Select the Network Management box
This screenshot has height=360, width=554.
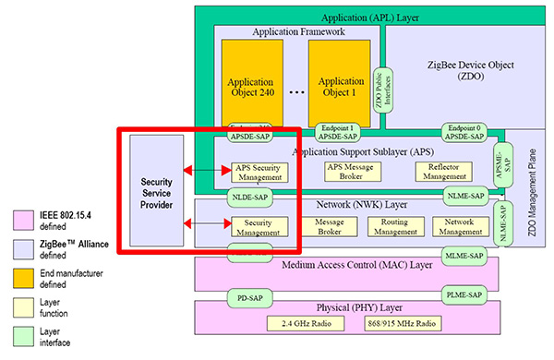(x=458, y=226)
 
